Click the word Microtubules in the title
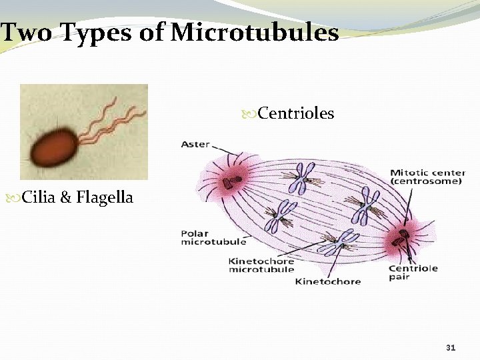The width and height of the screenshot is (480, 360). (x=255, y=32)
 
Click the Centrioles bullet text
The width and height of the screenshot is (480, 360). (x=295, y=114)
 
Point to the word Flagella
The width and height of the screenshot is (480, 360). (x=107, y=197)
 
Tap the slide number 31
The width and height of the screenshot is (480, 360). (x=450, y=347)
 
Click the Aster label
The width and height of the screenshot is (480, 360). (x=195, y=144)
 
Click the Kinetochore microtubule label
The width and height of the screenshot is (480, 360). (x=261, y=265)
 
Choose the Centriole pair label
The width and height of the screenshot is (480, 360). (x=413, y=272)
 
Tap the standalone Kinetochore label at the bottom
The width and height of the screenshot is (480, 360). (x=327, y=281)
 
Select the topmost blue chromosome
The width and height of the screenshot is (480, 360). (x=303, y=177)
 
